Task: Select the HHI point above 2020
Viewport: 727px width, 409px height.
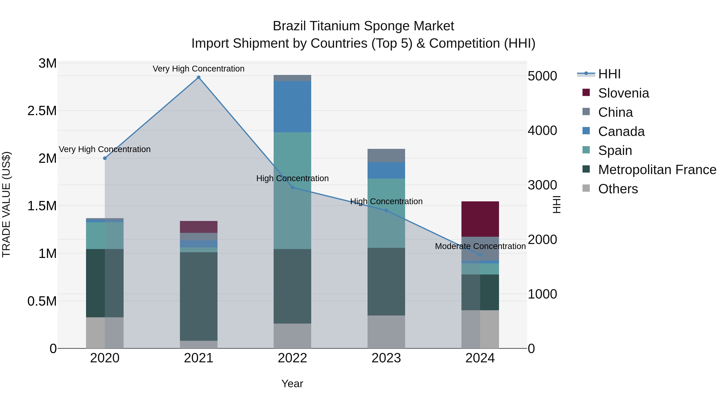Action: click(x=105, y=158)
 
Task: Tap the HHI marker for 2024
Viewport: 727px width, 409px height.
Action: click(x=480, y=255)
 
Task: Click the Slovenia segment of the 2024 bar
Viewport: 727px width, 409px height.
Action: click(x=480, y=219)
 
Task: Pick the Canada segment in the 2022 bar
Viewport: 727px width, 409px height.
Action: click(x=292, y=107)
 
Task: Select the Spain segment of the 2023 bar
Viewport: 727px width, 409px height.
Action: click(x=386, y=213)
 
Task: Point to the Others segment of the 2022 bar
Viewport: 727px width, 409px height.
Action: click(x=292, y=336)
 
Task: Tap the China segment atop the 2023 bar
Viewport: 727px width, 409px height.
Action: click(x=386, y=156)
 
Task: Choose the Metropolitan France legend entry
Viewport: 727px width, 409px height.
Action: click(x=657, y=170)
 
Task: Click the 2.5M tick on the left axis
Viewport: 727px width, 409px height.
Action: click(x=42, y=111)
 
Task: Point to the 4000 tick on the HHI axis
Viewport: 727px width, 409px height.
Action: click(x=542, y=131)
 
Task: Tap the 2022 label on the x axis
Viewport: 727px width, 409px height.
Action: click(x=292, y=358)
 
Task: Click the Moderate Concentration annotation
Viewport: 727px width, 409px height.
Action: click(x=480, y=246)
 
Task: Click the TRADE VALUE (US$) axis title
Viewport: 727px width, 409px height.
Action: click(x=6, y=204)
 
